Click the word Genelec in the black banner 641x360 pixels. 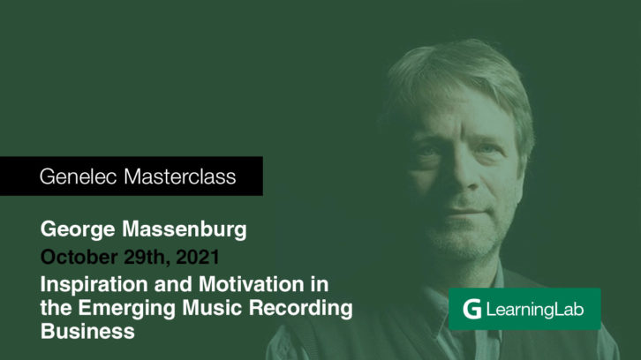coord(78,177)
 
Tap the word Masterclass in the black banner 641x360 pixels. coord(180,176)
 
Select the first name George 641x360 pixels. coord(78,229)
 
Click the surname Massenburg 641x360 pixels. coord(185,229)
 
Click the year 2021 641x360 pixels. coord(198,257)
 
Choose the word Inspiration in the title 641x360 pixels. coord(94,285)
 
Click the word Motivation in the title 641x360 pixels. coord(251,284)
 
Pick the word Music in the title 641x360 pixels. coord(212,308)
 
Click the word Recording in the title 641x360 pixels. coord(301,309)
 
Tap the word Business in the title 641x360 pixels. coord(87,332)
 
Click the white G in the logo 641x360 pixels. coord(472,309)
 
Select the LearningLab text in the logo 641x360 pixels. coord(535,310)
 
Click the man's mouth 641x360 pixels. coord(466,213)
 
